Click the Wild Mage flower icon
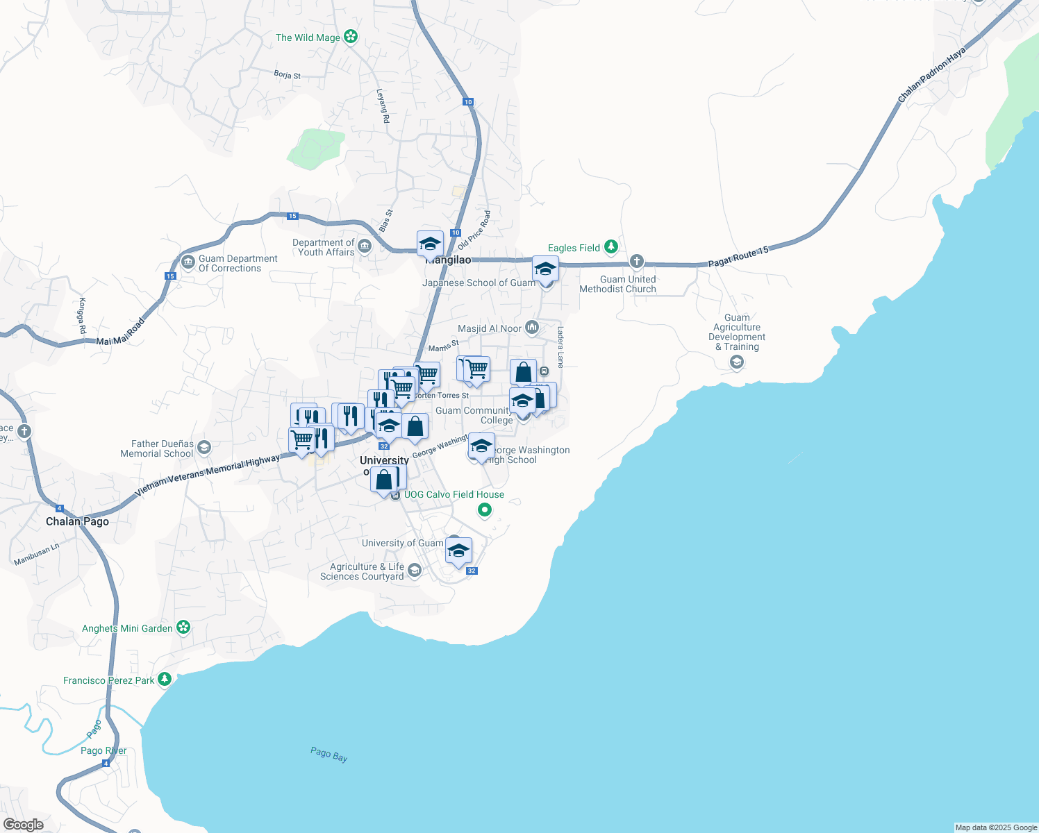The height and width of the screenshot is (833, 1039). point(351,37)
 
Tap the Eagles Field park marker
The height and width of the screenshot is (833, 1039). point(610,247)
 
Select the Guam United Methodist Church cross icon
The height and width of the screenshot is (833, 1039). point(636,262)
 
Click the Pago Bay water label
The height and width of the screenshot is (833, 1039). point(329,754)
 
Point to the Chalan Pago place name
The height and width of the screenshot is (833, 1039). point(77,521)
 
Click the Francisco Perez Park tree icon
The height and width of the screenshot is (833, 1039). point(165,680)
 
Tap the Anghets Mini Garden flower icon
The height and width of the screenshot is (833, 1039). point(183,628)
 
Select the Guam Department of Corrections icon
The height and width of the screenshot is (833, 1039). point(188,262)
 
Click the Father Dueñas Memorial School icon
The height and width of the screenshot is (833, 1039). point(204,448)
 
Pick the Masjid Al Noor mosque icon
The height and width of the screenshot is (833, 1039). point(532,328)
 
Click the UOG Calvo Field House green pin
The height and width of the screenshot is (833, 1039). point(485,510)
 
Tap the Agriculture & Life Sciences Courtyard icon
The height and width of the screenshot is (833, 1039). point(415,571)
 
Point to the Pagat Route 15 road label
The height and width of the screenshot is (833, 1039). point(738,256)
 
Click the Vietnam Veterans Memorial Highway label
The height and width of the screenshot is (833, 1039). point(207,475)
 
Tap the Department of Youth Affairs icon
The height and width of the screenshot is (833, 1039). point(365,246)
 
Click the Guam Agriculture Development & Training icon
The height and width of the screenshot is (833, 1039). point(736,362)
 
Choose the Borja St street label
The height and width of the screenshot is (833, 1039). point(287,75)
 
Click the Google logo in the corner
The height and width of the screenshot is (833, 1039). point(23,824)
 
